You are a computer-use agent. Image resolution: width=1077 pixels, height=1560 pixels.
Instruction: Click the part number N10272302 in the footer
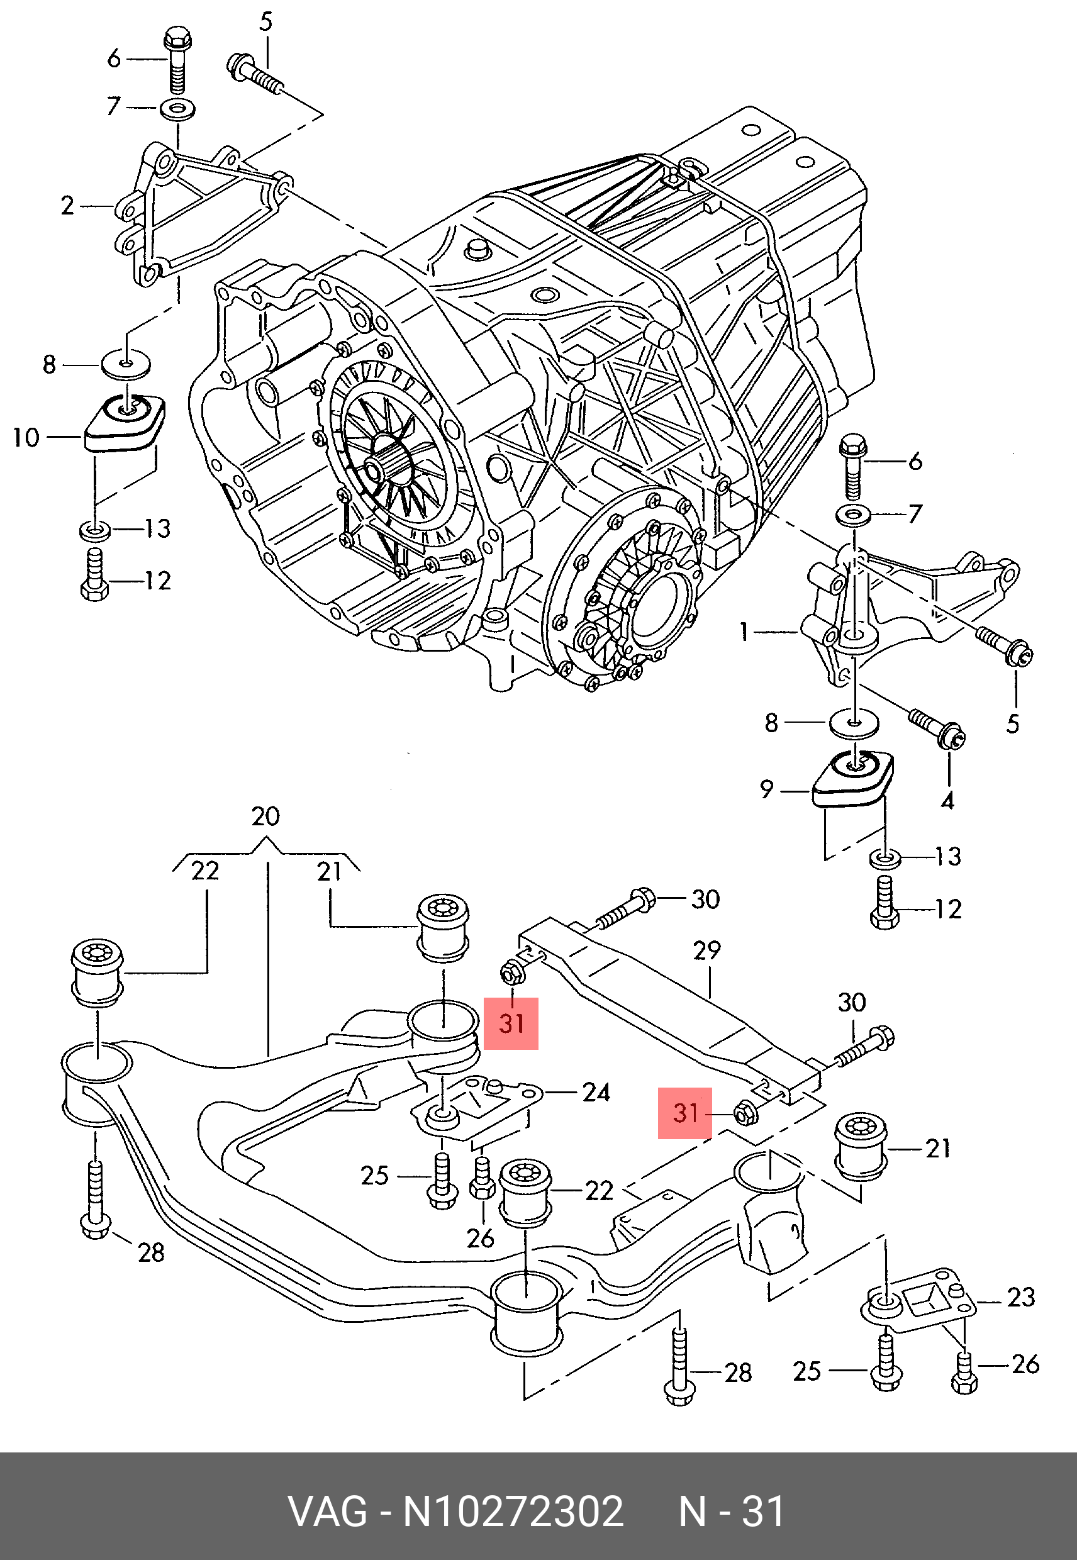513,1512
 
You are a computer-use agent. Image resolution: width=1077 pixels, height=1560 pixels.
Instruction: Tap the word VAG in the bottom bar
328,1512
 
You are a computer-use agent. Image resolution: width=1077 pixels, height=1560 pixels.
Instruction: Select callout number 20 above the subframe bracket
265,816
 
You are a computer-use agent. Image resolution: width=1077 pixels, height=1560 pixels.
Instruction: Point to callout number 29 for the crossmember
706,950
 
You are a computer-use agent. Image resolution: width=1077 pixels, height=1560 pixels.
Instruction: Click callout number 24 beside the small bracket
596,1093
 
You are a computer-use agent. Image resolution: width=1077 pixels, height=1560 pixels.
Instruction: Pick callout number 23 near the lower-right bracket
1020,1297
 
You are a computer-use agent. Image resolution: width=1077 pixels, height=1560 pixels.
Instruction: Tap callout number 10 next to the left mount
26,438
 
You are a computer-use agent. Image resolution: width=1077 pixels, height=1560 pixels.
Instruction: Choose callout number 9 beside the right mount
767,789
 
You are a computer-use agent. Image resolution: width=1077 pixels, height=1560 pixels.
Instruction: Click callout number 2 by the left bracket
67,205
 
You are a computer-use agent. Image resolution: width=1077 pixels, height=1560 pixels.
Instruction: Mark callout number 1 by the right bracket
744,632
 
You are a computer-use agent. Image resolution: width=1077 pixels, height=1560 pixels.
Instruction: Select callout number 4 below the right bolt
947,801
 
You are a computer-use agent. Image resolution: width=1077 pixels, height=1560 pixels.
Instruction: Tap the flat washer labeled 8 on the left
126,364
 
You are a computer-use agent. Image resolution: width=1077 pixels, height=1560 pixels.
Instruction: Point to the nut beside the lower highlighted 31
745,1113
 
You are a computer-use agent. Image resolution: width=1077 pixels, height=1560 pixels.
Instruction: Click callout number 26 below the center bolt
480,1238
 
